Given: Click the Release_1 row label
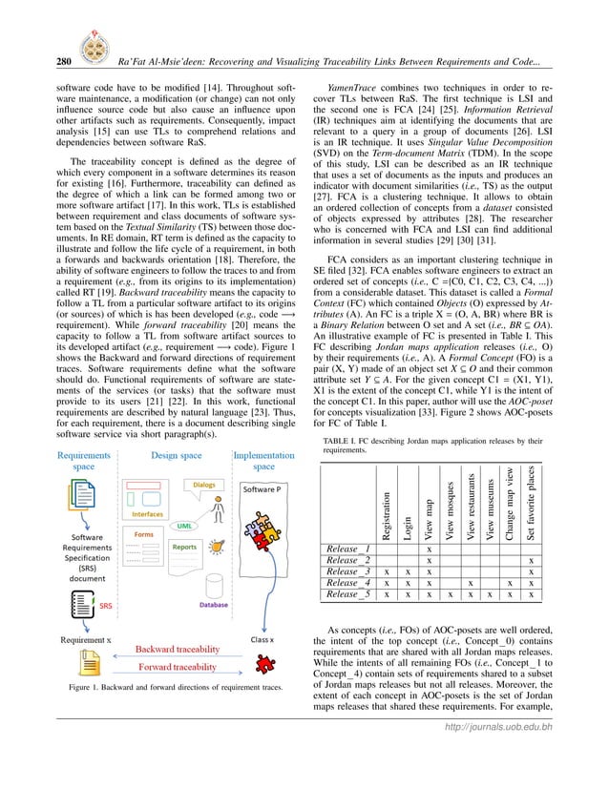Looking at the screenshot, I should (347, 550).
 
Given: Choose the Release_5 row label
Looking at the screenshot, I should (347, 593).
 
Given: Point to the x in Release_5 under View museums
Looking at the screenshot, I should (491, 593).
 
